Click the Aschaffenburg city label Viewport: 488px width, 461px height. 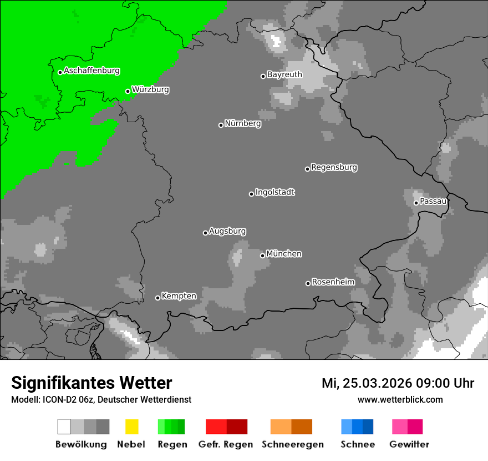pos(91,71)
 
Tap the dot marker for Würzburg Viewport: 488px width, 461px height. pos(128,91)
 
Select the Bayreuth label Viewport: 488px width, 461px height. pos(284,74)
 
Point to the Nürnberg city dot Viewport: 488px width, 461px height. pos(221,125)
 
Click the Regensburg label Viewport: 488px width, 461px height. pos(334,167)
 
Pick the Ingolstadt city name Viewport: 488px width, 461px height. pos(275,192)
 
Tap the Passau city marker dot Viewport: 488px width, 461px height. pos(416,203)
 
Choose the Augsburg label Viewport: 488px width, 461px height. pos(227,231)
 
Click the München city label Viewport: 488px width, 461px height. pos(284,254)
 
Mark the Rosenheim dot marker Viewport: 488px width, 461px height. pos(308,283)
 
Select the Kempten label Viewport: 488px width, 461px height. pos(179,296)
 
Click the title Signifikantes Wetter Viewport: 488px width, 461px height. pos(91,383)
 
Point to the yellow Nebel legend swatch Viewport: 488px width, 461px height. pos(131,427)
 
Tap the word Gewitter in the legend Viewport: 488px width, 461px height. pos(409,444)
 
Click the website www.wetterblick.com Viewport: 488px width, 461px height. pos(400,399)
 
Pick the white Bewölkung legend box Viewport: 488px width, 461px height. pos(64,427)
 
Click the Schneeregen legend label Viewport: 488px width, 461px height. pos(292,444)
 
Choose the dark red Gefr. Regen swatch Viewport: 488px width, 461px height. pos(237,427)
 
